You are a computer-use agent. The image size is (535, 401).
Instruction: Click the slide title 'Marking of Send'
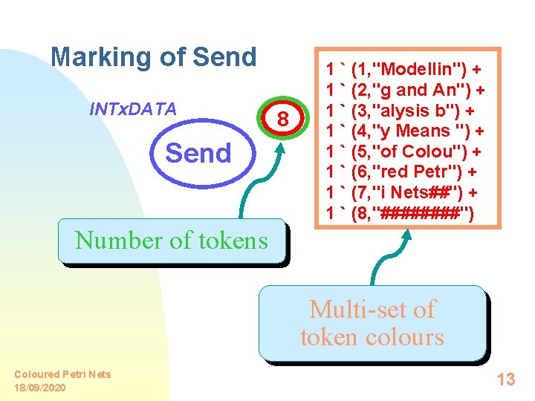tap(153, 57)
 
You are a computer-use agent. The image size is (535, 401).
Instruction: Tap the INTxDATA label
tap(132, 109)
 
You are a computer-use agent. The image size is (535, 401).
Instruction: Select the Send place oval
tap(198, 153)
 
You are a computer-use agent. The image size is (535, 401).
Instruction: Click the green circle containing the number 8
tap(282, 119)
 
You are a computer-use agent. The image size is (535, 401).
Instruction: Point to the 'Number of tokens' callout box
tap(171, 241)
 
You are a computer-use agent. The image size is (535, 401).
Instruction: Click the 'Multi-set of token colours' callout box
tap(372, 323)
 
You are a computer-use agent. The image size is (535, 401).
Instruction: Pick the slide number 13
tap(505, 379)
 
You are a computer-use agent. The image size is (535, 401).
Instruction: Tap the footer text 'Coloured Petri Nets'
tap(62, 374)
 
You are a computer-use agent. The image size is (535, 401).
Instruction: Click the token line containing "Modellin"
tap(403, 70)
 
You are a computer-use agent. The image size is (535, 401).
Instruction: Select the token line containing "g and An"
tap(406, 91)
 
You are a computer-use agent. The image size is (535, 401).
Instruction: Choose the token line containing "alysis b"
tap(405, 111)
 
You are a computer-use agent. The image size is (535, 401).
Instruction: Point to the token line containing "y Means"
tap(406, 132)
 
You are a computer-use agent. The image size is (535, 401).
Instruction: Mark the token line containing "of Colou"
tap(403, 153)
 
